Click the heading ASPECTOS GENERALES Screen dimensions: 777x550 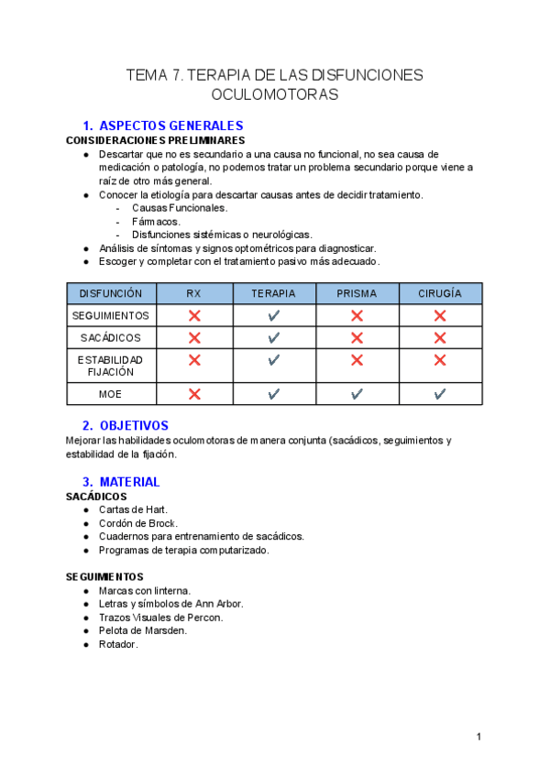coord(170,126)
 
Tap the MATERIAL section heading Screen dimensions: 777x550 coord(129,481)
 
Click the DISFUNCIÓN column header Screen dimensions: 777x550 coord(111,294)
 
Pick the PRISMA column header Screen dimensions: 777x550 coord(357,294)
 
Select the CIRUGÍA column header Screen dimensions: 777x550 coord(440,294)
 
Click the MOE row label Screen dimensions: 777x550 coord(111,394)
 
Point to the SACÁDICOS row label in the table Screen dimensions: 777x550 coord(111,338)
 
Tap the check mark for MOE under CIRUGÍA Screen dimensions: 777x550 coord(440,394)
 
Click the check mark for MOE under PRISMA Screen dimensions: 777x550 coord(357,394)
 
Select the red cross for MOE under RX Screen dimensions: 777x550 coord(194,394)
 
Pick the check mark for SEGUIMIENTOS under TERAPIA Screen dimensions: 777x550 coord(273,315)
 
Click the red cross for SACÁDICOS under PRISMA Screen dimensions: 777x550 coord(357,338)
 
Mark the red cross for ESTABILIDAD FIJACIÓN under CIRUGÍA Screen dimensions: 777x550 coord(440,360)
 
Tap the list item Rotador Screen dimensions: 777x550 coord(118,644)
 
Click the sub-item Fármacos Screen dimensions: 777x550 coord(156,221)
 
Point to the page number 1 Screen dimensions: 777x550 coord(478,737)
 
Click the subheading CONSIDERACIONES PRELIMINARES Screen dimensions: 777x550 coord(155,141)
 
